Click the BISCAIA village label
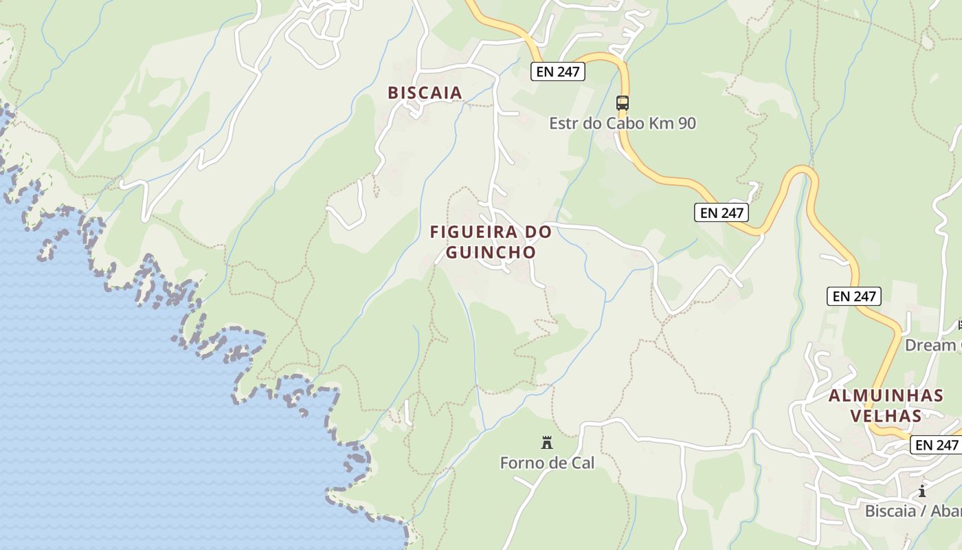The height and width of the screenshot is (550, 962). [425, 93]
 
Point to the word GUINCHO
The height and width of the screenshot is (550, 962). [491, 252]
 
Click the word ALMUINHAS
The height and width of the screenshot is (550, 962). [886, 396]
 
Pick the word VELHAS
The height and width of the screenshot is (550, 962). [886, 416]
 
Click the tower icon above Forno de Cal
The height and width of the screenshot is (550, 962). [547, 443]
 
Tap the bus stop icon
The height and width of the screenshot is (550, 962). [622, 103]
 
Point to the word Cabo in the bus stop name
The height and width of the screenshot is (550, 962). [618, 124]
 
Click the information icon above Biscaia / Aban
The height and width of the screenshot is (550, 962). [922, 491]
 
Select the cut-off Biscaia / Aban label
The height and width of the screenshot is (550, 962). [913, 511]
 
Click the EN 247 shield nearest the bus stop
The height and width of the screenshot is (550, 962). [557, 71]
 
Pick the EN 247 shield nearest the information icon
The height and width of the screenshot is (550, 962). [936, 445]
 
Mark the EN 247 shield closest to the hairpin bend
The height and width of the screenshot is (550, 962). [721, 213]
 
